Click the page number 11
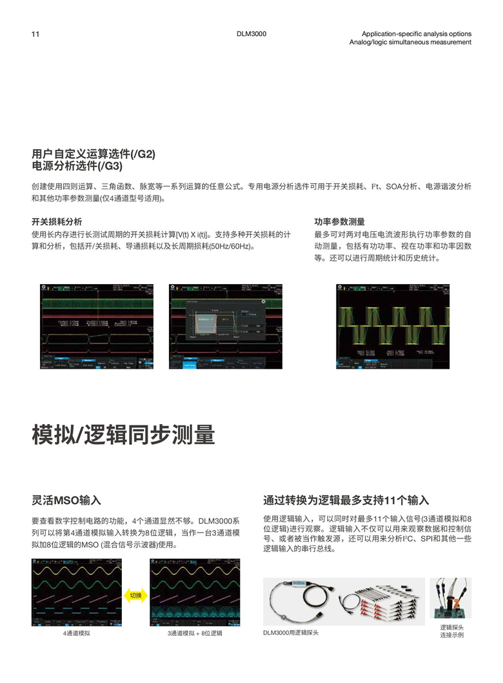[35, 34]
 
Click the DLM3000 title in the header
[252, 34]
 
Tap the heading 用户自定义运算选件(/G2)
[94, 155]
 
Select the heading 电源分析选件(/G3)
[77, 166]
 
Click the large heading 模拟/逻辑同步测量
[123, 435]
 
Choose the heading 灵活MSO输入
[66, 500]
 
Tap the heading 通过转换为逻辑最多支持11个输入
[346, 500]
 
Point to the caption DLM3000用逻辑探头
[291, 633]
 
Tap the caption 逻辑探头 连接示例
[452, 631]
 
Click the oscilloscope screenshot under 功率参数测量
[393, 326]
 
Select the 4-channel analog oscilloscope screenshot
[76, 592]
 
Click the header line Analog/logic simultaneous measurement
[410, 43]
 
